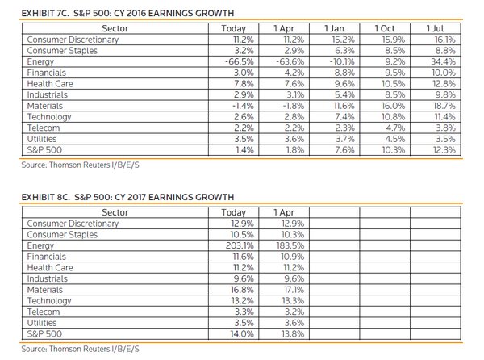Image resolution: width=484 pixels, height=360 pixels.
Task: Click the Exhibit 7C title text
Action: (127, 13)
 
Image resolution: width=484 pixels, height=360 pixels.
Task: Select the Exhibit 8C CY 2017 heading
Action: (127, 197)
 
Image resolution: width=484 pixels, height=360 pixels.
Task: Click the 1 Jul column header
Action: (435, 28)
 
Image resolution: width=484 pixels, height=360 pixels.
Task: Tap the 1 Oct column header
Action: (385, 28)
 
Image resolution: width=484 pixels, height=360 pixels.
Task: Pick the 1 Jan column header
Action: (334, 28)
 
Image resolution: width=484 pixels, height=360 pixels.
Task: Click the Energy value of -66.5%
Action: (240, 61)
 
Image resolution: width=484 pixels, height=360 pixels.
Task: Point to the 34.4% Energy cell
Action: (443, 61)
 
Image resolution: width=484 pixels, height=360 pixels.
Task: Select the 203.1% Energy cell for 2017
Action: (240, 245)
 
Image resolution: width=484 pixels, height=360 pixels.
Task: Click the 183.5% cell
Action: (290, 245)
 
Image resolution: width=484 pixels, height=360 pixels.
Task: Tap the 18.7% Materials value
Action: (444, 106)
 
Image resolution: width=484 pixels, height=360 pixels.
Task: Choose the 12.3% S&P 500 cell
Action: (444, 150)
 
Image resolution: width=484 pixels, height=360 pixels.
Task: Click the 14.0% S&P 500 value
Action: (242, 333)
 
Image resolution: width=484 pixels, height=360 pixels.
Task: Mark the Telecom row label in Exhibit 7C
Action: (44, 128)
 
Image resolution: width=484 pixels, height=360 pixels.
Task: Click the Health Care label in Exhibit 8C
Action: (50, 267)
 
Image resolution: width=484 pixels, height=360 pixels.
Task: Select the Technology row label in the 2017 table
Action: (49, 301)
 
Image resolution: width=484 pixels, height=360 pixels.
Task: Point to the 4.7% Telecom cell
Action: (395, 128)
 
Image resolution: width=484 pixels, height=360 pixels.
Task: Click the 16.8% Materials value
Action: (242, 290)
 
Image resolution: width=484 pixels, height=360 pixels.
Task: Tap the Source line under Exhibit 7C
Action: (80, 165)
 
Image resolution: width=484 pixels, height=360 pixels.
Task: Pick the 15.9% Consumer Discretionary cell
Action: (394, 40)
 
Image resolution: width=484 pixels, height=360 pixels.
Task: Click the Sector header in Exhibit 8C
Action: (115, 212)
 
